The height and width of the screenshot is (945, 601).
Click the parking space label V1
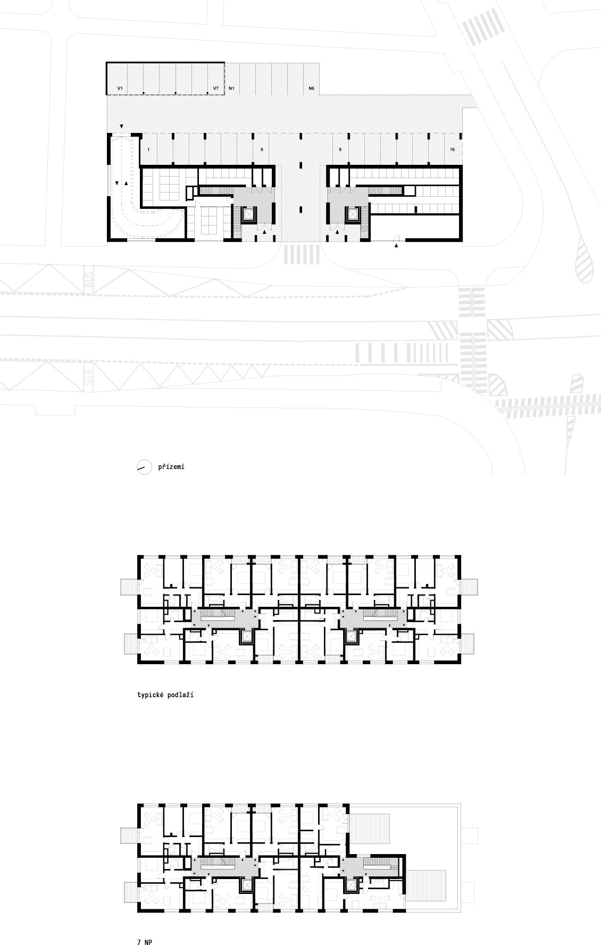(120, 88)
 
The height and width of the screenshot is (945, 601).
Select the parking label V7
(216, 88)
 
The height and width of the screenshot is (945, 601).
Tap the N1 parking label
(232, 88)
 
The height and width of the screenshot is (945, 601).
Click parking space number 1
(148, 150)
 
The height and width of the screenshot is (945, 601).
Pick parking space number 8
(262, 150)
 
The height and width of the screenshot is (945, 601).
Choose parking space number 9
(340, 150)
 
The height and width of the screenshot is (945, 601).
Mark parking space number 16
(452, 150)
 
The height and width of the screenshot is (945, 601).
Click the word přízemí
(171, 467)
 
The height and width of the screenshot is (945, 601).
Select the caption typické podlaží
(165, 695)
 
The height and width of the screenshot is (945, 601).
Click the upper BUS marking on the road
(89, 280)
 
